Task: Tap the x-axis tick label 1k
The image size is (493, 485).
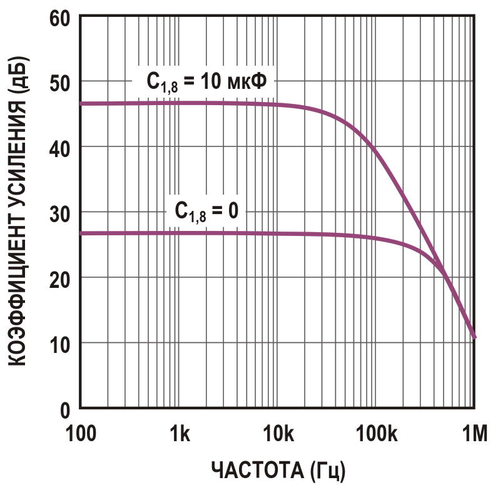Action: [179, 432]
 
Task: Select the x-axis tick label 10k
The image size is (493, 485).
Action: [278, 432]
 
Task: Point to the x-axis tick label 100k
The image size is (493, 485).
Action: [376, 432]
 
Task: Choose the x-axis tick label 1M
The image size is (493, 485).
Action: [474, 432]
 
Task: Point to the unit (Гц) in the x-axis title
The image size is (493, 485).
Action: [324, 469]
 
